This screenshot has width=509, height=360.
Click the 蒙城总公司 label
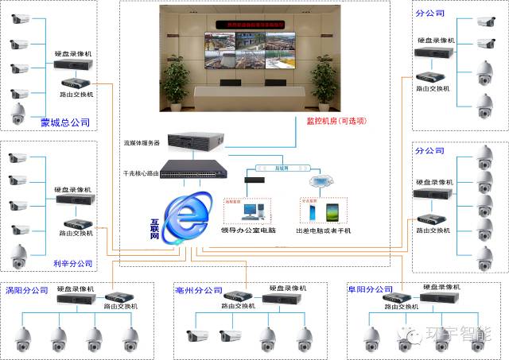pyautogui.click(x=65, y=123)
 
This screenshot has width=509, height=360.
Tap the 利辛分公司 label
pyautogui.click(x=72, y=263)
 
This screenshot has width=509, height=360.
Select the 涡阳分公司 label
pyautogui.click(x=27, y=289)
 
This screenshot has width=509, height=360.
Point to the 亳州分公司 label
pyautogui.click(x=199, y=290)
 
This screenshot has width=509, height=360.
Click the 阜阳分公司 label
pyautogui.click(x=371, y=290)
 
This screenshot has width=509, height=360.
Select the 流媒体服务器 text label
pyautogui.click(x=142, y=143)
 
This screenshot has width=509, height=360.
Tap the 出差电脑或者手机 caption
pyautogui.click(x=324, y=230)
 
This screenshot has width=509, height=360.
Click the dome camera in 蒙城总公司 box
pyautogui.click(x=17, y=116)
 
